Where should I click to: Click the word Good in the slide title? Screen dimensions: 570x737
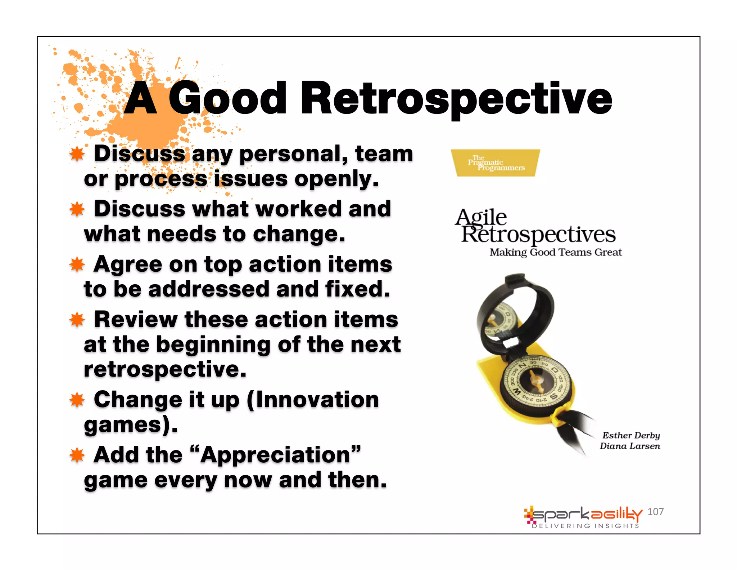point(227,98)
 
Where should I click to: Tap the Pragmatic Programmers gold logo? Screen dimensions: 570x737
point(495,163)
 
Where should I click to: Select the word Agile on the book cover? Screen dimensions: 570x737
point(481,217)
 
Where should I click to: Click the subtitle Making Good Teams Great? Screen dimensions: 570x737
point(555,252)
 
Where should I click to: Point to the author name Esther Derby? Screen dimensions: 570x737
point(631,435)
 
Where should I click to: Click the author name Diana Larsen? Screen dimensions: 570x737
point(630,446)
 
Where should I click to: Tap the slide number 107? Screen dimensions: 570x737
point(655,512)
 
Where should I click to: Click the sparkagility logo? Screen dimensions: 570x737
point(583,514)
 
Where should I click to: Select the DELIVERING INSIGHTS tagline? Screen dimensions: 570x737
point(585,526)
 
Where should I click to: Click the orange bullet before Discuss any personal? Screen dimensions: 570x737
point(77,154)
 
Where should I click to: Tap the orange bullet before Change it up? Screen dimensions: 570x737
point(77,400)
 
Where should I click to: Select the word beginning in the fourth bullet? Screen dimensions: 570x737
point(213,345)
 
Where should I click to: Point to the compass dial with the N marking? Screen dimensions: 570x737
point(535,381)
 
